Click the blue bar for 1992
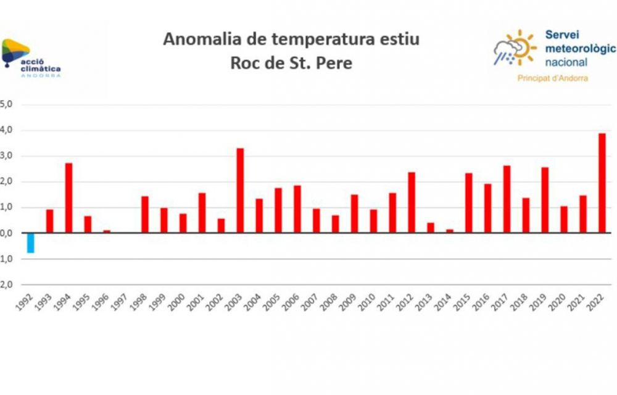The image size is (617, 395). coord(30,243)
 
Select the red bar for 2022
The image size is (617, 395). coord(602,183)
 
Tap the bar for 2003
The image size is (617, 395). coord(240,191)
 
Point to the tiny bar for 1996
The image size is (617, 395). coord(107,231)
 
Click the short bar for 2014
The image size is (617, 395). coord(450,231)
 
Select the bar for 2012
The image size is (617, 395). coord(412,202)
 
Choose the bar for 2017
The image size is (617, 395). coord(507,199)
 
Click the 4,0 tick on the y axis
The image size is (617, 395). coord(6,131)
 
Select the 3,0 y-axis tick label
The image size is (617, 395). coord(6,157)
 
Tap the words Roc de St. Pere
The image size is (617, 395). coord(291,63)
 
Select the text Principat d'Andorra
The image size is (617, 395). coord(552,78)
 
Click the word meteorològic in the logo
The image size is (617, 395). coord(580,49)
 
